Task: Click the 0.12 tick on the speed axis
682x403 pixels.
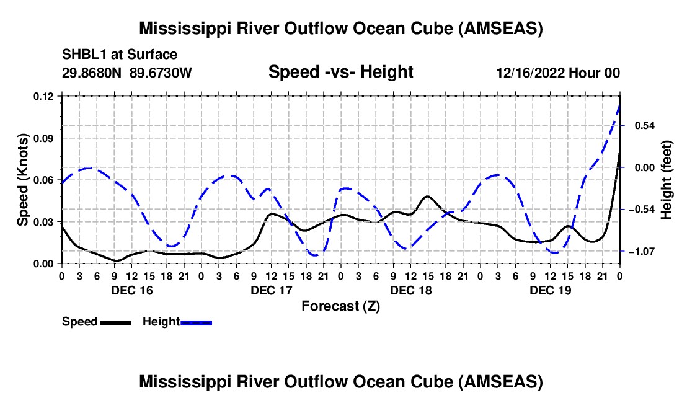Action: point(44,96)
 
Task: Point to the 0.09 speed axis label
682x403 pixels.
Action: point(44,138)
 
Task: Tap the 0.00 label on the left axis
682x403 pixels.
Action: point(44,264)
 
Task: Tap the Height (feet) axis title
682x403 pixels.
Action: point(666,180)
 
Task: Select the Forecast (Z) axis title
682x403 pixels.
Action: point(340,306)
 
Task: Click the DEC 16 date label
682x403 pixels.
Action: point(131,290)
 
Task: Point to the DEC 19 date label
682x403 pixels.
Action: point(550,290)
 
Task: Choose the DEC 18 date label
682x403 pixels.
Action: point(410,290)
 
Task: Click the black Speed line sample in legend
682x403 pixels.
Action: point(115,322)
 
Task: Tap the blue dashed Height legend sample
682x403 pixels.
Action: point(196,322)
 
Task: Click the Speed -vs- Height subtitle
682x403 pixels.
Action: point(340,72)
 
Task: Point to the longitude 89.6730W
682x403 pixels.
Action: point(161,73)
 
